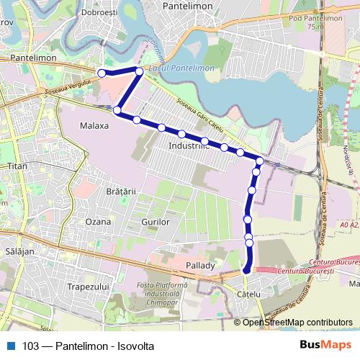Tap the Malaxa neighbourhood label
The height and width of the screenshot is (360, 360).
[94, 125]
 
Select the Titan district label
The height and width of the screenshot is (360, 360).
[16, 166]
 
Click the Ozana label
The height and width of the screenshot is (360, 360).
[99, 222]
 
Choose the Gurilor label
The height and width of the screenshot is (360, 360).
[156, 222]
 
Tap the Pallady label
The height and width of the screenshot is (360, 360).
[201, 265]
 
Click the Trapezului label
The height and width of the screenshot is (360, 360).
[86, 287]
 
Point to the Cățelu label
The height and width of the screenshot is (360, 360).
[247, 294]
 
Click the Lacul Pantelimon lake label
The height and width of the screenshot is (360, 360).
[181, 68]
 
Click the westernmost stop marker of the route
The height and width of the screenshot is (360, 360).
[102, 73]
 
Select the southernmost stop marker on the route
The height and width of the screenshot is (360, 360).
[247, 271]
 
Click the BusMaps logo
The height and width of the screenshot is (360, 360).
[325, 346]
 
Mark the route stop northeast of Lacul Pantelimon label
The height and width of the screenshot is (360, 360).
[139, 71]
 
